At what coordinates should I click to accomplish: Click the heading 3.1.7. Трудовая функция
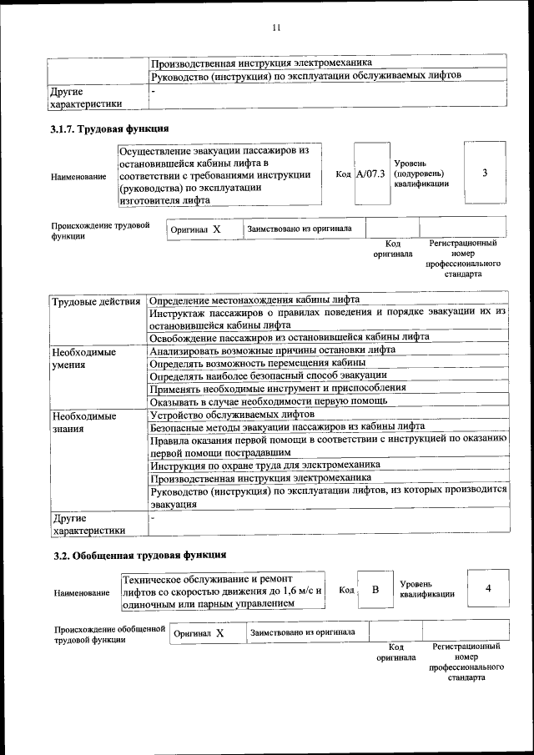110,129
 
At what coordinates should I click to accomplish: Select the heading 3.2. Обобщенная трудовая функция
139,555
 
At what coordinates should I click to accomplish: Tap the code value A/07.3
370,174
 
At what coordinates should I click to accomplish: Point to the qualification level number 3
485,173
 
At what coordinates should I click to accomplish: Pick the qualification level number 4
488,589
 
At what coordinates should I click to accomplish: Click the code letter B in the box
375,590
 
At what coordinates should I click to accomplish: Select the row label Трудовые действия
95,301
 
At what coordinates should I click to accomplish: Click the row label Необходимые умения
83,359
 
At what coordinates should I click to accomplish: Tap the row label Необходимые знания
83,421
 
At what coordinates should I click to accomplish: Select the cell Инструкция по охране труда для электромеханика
265,465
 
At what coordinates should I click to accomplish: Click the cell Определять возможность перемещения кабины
258,364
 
